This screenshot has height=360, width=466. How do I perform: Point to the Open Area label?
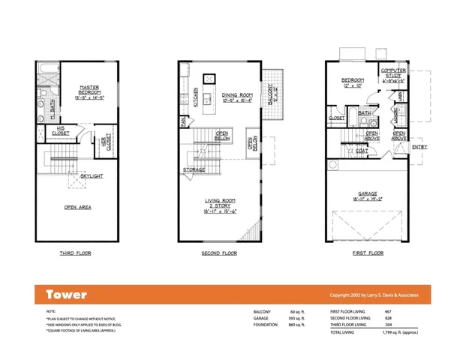point(77,207)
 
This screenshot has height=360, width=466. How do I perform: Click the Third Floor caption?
point(76,253)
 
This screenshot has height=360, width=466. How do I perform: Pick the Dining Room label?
point(237,96)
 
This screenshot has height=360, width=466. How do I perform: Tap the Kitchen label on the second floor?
point(197,97)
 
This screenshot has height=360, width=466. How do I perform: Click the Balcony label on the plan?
point(273,94)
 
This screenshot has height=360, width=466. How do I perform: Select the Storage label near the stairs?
point(194,170)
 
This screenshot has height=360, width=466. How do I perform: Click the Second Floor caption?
point(220,253)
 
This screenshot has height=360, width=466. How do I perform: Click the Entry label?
point(419,147)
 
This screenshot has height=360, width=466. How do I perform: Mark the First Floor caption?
point(368,253)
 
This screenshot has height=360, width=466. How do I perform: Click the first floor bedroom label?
point(353,81)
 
